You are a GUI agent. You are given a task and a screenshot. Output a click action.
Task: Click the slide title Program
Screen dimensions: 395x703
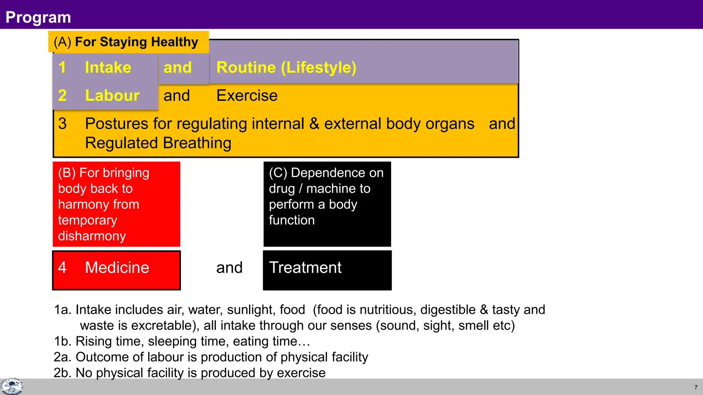click(38, 17)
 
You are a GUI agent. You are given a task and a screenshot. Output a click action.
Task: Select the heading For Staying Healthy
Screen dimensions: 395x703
click(136, 42)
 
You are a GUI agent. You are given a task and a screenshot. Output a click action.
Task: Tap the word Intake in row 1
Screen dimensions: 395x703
click(108, 67)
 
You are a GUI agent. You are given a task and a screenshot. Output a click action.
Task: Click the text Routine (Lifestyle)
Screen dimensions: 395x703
click(286, 67)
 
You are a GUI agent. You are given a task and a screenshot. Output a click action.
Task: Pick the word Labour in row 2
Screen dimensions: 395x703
click(112, 95)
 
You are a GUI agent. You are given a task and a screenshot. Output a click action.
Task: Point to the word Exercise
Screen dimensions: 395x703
click(247, 95)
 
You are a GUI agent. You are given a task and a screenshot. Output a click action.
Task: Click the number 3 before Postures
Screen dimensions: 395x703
click(62, 123)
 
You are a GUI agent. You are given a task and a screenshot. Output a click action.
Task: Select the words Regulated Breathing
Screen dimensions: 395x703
click(158, 143)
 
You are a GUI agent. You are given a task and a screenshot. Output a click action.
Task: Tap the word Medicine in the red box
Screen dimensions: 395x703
click(117, 267)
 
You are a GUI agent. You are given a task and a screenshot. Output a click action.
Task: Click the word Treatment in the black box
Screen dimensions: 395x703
click(305, 267)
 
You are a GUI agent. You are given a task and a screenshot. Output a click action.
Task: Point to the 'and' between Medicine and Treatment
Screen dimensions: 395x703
click(229, 267)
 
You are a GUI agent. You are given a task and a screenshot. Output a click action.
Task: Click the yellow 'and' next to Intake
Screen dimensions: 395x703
click(177, 67)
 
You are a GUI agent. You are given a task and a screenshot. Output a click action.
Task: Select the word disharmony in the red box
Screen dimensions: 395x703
click(92, 236)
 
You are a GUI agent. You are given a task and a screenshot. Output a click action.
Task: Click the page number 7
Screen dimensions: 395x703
click(696, 387)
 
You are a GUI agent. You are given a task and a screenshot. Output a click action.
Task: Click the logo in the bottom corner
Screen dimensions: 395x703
click(12, 387)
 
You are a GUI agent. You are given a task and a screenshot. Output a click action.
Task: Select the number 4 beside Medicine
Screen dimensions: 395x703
click(62, 267)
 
